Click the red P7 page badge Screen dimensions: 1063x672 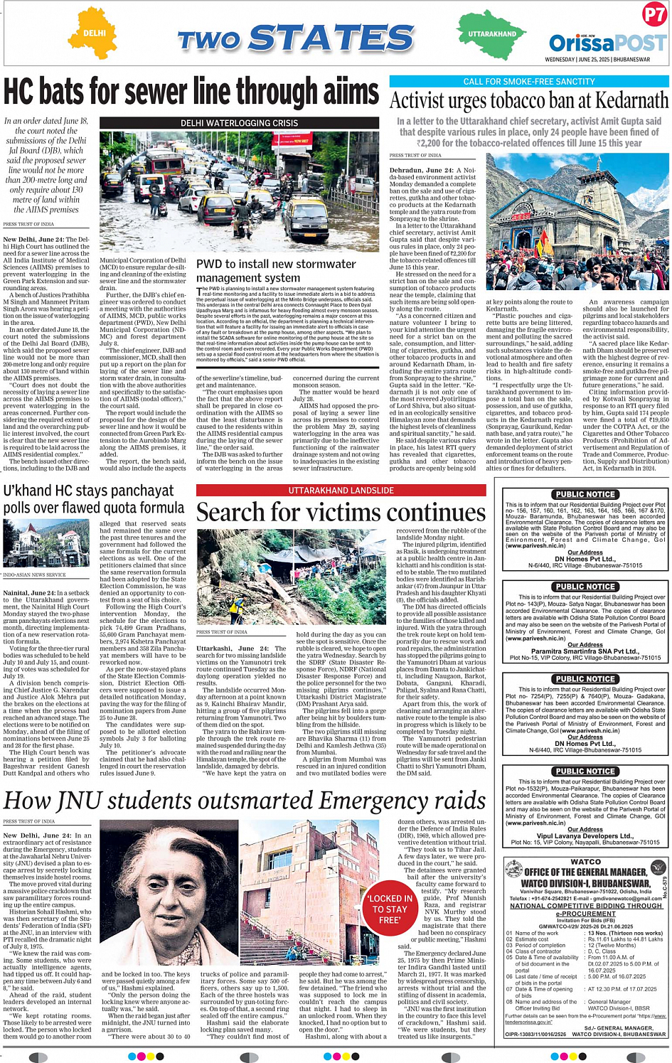pos(654,14)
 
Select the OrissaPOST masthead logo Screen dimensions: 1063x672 pos(607,43)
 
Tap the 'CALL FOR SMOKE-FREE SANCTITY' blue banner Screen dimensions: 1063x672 pos(529,82)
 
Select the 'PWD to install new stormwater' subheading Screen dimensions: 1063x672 pos(276,264)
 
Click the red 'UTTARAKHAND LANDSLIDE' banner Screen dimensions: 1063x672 pos(341,491)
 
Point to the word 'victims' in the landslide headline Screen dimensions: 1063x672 pos(344,512)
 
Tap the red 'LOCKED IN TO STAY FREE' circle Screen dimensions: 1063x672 pos(389,909)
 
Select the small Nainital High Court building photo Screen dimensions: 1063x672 pos(46,543)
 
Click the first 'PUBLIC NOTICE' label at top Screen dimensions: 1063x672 pos(585,494)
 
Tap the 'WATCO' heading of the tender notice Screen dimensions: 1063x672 pos(585,862)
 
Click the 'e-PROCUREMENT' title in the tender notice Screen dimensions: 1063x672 pos(585,914)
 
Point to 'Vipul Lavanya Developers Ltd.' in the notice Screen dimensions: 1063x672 pos(585,835)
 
